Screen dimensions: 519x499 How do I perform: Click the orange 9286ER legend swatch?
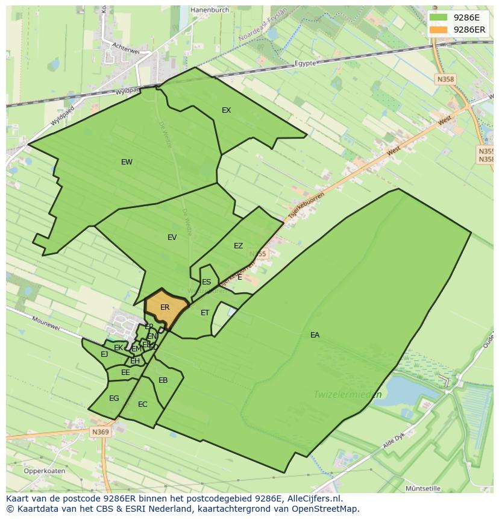click(x=439, y=30)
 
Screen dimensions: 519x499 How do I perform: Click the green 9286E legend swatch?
click(x=439, y=17)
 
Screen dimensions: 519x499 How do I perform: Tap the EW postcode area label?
click(x=127, y=162)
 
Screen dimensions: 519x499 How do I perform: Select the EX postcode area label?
click(x=227, y=110)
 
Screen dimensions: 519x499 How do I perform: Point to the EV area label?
click(x=172, y=237)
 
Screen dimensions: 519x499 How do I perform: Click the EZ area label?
click(x=238, y=246)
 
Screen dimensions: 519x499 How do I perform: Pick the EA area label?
click(x=315, y=335)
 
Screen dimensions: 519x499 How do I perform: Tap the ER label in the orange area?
click(x=165, y=307)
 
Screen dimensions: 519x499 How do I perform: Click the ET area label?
click(x=205, y=313)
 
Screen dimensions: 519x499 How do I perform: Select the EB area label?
click(x=163, y=380)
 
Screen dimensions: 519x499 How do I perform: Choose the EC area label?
click(x=142, y=404)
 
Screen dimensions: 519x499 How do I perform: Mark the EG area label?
click(x=114, y=398)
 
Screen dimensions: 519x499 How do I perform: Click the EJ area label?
click(x=104, y=354)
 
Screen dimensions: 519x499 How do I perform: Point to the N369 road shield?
click(x=101, y=432)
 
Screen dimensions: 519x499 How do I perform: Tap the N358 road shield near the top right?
click(x=445, y=79)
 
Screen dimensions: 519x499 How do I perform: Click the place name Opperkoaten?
click(x=45, y=471)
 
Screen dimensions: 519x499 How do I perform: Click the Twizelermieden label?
click(x=347, y=395)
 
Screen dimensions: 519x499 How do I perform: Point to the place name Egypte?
click(x=306, y=63)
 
